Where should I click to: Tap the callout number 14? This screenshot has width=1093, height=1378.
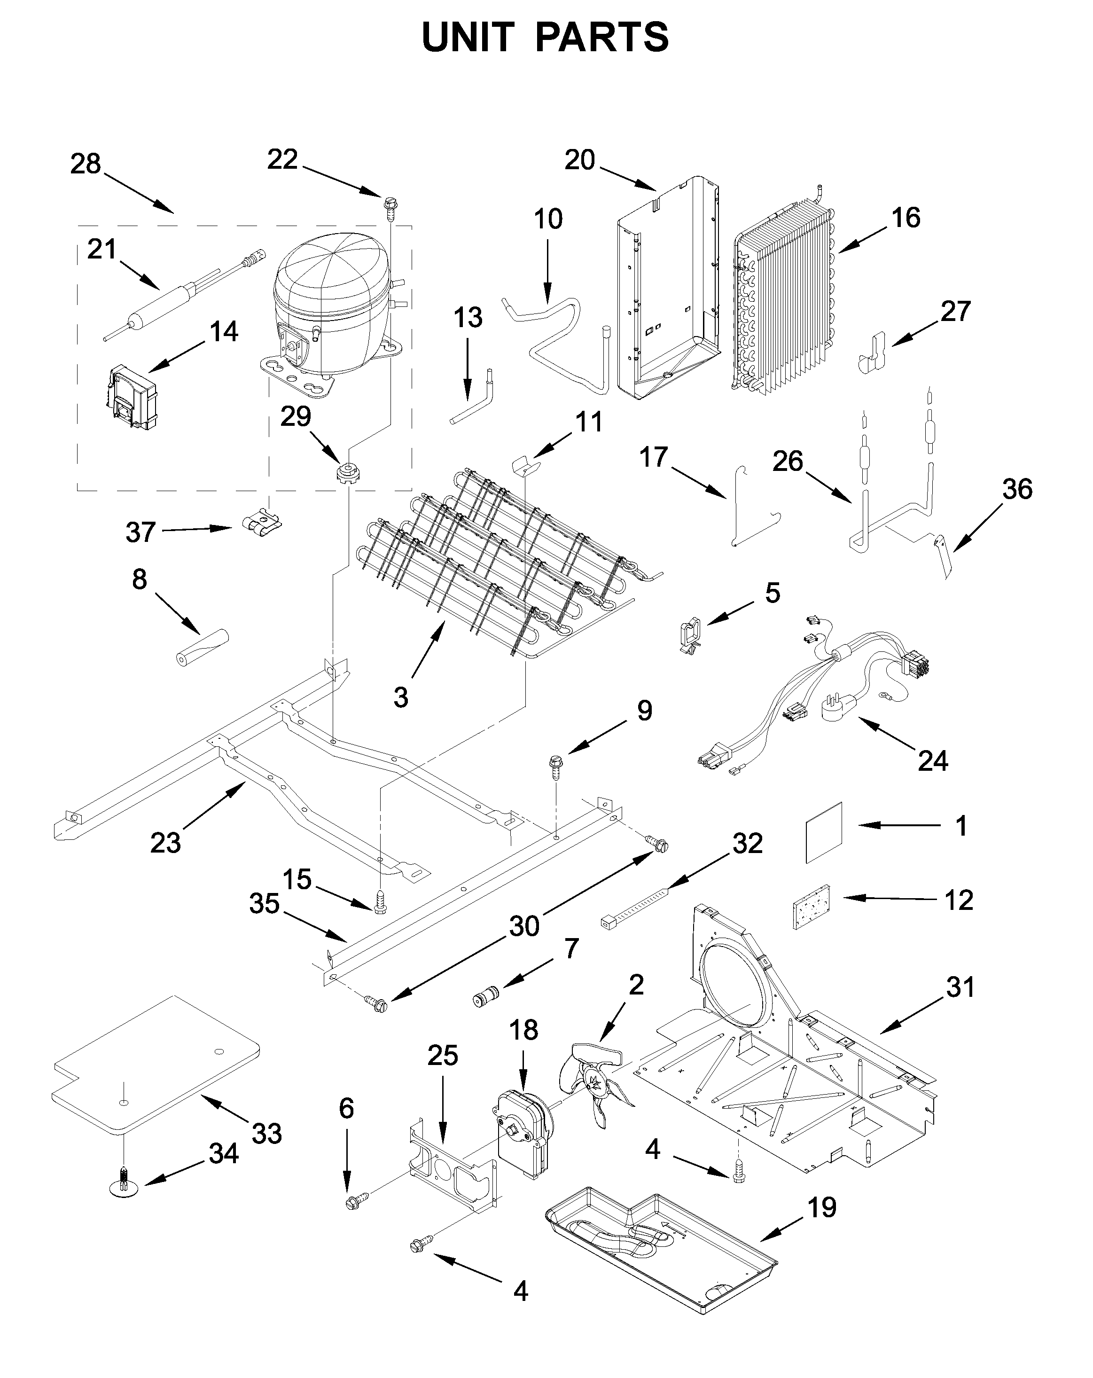click(224, 331)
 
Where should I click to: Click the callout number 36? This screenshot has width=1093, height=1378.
click(1017, 489)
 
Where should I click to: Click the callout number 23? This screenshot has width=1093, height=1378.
click(165, 842)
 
